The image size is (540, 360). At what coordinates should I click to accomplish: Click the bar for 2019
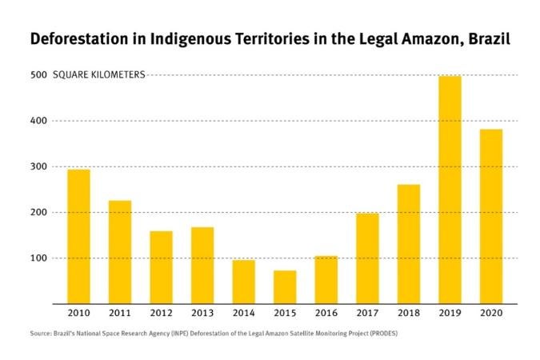(450, 190)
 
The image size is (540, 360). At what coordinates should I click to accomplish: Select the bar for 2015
(284, 287)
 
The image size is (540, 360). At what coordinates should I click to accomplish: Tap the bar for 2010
(78, 237)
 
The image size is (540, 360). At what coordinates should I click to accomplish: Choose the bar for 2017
(367, 258)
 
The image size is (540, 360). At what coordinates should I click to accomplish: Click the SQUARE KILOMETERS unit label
(98, 75)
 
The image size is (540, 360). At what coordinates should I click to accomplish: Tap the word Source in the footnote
(41, 334)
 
